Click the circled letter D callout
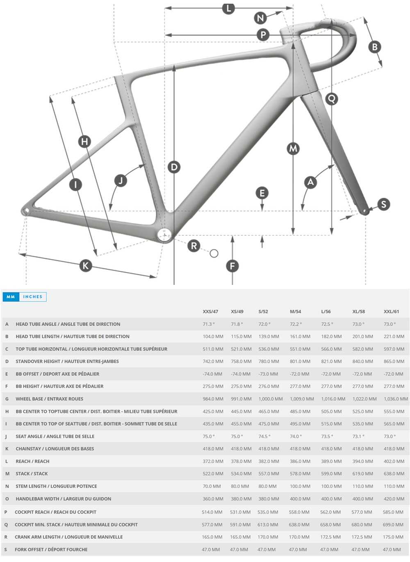[174, 167]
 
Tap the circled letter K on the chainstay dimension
[85, 266]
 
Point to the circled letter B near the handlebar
[374, 47]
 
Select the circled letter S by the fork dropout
[383, 204]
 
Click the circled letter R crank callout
[194, 246]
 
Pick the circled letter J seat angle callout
[121, 181]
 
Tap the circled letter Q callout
[331, 98]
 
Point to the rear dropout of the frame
[26, 211]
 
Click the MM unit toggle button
[11, 297]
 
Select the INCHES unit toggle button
[32, 297]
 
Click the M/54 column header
[295, 311]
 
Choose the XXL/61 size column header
[391, 311]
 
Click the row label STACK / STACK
[32, 474]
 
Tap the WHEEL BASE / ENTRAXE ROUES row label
[49, 399]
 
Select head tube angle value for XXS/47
[208, 324]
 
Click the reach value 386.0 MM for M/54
[300, 461]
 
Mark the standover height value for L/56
[331, 361]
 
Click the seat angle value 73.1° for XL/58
[358, 436]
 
